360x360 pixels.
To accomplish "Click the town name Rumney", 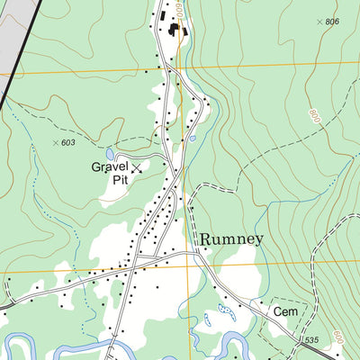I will click(231, 238).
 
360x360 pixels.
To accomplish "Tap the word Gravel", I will click(110, 166).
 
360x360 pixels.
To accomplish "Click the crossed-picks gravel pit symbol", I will click(137, 168).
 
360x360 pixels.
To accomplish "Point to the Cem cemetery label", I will click(285, 311).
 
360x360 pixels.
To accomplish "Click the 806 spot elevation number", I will click(332, 22).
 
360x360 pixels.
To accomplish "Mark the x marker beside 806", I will click(319, 20).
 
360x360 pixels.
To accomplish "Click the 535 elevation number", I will click(311, 339).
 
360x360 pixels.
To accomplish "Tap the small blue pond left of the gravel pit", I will click(110, 154).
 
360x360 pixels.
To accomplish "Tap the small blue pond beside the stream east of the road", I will click(192, 139).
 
